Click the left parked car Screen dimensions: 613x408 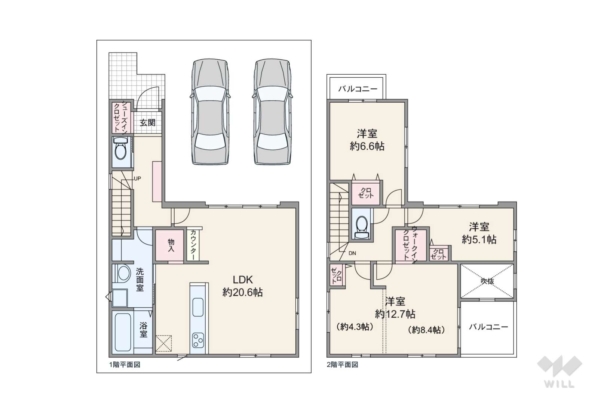(x=210, y=112)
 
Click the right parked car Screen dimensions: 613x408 (x=272, y=112)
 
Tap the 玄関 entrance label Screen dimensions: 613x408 (x=148, y=122)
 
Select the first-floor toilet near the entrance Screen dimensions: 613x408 (x=120, y=149)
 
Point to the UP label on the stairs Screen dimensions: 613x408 (x=137, y=178)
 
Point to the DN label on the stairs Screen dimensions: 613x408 (x=352, y=253)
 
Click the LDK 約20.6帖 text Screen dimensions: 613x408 (x=242, y=286)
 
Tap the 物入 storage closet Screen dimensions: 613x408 (x=170, y=245)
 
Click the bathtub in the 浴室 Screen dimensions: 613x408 (x=123, y=332)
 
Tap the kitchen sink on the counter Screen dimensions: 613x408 (x=198, y=307)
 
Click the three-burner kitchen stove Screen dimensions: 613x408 (x=198, y=340)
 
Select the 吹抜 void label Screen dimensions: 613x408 (x=487, y=281)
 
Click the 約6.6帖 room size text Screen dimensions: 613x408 (x=367, y=147)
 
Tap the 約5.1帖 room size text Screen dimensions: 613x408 (x=479, y=240)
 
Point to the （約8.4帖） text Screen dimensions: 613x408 (x=426, y=330)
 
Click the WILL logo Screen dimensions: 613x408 (x=560, y=371)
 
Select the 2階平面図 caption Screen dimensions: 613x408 (x=342, y=365)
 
